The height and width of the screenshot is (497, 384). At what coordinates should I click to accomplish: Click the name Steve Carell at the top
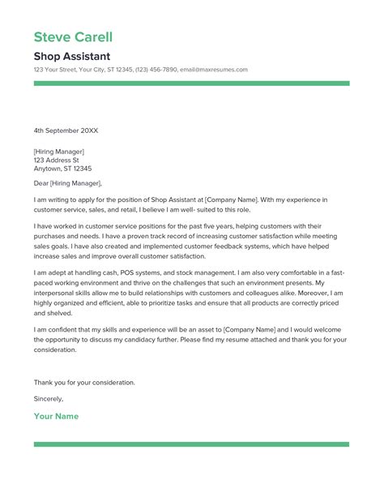point(73,37)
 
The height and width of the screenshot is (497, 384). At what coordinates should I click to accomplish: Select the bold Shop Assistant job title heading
point(72,57)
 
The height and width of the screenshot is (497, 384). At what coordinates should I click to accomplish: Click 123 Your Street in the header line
point(57,70)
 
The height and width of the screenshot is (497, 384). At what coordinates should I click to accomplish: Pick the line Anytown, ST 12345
point(62,169)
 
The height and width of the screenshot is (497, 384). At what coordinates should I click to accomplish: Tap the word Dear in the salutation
point(42,184)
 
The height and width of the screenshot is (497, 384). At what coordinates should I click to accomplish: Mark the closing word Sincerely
point(49,399)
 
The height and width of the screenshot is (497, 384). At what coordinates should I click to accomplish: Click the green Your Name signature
point(56,416)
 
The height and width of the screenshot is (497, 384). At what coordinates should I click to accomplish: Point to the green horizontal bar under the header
point(191,83)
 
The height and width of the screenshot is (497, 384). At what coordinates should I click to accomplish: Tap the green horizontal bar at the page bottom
point(191,444)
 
